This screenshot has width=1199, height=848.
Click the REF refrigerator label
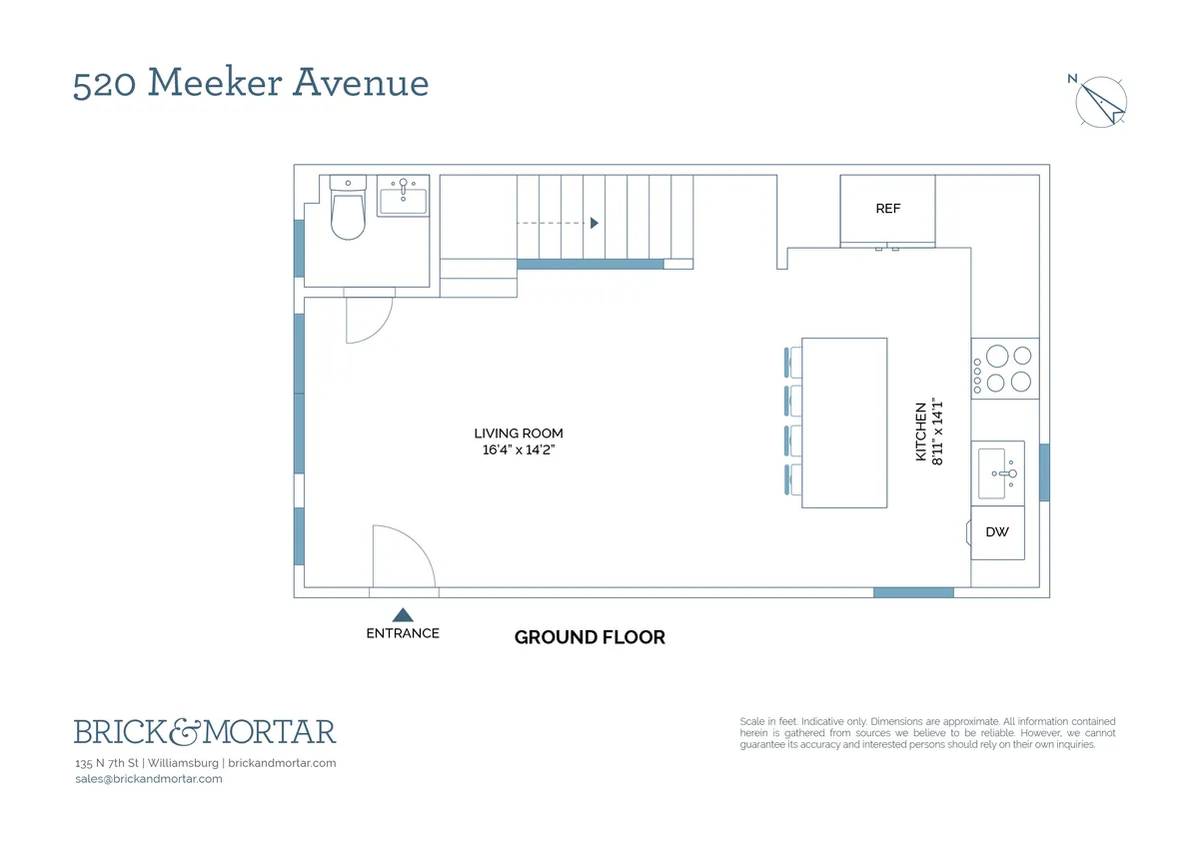tap(887, 209)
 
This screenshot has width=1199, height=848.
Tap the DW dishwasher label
tap(997, 531)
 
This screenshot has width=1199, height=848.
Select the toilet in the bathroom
tap(348, 213)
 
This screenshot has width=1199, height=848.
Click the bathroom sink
tap(403, 200)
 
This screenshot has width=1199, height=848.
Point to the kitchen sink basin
tap(992, 473)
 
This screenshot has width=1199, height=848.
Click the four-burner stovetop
tap(1005, 368)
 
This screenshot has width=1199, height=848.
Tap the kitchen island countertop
tap(844, 423)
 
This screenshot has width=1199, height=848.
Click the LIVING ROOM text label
tap(519, 433)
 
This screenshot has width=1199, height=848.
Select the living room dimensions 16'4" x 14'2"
tap(519, 450)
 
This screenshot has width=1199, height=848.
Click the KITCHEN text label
tap(921, 431)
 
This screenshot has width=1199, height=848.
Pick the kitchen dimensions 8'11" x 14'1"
tap(937, 431)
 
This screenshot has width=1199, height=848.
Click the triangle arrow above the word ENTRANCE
tap(403, 615)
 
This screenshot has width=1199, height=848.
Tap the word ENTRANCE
tap(403, 633)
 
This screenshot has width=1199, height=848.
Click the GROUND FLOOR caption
tap(590, 637)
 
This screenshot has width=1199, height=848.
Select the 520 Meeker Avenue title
tap(251, 84)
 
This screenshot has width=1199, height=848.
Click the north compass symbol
tap(1101, 101)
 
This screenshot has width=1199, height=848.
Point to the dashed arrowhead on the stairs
tap(595, 223)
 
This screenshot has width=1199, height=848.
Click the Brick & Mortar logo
tap(205, 732)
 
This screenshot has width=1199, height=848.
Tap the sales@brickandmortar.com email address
tap(149, 779)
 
